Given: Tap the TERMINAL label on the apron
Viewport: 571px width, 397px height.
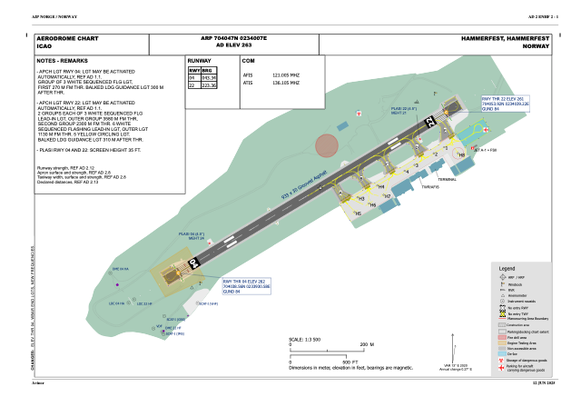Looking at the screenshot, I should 447,179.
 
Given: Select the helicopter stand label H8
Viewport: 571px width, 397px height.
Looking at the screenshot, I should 461,155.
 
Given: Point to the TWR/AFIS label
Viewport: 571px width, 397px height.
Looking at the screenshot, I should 430,187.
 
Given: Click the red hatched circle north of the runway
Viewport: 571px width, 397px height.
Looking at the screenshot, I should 326,144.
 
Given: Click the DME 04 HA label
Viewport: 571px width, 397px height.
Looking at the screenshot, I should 120,269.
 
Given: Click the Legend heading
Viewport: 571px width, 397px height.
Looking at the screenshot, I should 507,270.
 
